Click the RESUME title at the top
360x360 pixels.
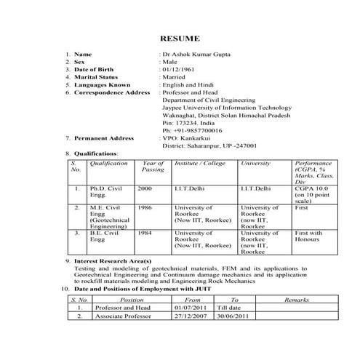[180, 38]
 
